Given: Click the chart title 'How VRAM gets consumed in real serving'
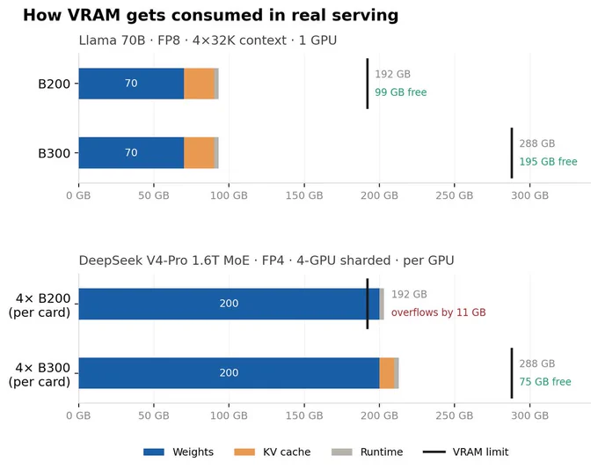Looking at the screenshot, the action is click(210, 15).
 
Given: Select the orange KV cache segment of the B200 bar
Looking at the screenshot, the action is click(199, 84).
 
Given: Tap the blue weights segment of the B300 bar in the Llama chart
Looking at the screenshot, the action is click(131, 153).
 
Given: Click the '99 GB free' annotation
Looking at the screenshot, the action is click(400, 92).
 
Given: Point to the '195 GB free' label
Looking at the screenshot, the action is click(548, 161).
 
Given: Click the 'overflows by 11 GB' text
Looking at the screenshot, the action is click(438, 312).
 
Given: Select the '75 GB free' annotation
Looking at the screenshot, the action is click(545, 381).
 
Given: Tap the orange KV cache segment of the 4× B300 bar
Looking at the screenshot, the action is click(387, 373).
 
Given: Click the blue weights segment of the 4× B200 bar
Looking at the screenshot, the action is click(230, 304).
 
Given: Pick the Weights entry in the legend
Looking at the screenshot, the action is click(179, 452).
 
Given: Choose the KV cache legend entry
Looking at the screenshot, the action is click(273, 452).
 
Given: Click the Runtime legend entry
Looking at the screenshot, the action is click(368, 452).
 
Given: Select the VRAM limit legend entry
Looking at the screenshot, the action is click(466, 452).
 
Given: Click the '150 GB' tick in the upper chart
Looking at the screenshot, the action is click(304, 195).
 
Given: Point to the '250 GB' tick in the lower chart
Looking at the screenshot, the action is click(455, 415).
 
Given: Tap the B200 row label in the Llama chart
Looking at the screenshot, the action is click(55, 84).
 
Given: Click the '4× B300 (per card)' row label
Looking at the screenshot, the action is click(40, 375).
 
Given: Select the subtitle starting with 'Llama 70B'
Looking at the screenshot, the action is click(208, 40).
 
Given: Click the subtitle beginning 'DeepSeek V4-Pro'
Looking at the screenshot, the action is click(266, 261).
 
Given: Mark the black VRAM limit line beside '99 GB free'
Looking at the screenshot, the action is click(368, 84).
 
